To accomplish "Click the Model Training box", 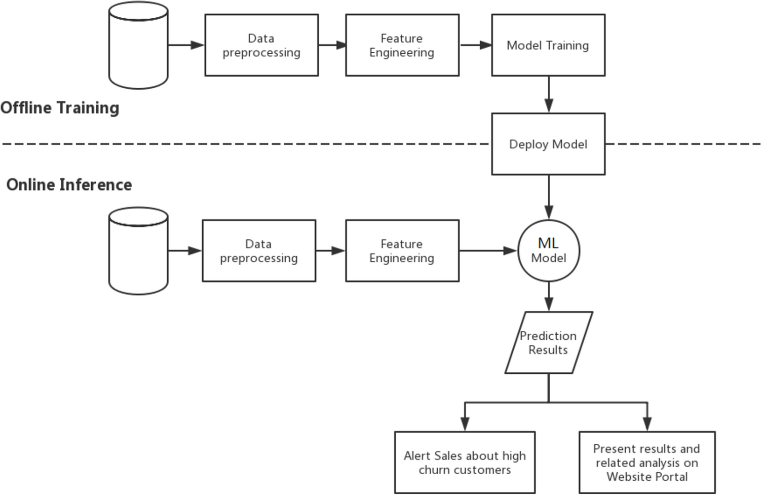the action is point(548,45).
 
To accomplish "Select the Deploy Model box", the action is point(548,144).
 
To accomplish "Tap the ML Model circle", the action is point(549,251).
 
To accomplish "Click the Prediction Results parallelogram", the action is point(549,343).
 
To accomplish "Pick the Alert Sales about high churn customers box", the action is point(465,463).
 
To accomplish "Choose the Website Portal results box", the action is point(647,463).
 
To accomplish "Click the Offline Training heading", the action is point(60,108).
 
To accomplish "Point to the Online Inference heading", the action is point(69,185).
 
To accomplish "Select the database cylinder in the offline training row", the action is point(138,45).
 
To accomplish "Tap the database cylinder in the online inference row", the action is point(138,251).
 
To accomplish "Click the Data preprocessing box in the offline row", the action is point(261,45).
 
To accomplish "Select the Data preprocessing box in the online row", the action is point(259,251).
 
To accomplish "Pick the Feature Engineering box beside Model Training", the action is point(402,45).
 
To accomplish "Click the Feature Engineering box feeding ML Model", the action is point(402,251).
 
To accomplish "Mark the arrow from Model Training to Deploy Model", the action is point(549,94).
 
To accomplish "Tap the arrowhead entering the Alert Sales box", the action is point(465,424).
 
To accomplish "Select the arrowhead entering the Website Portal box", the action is point(647,424).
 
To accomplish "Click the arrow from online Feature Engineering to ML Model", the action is point(488,251).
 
